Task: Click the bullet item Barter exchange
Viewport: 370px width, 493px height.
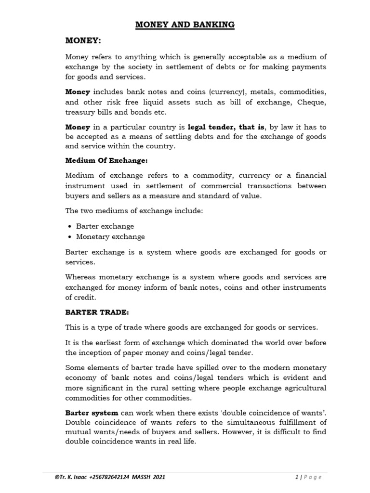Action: (x=105, y=226)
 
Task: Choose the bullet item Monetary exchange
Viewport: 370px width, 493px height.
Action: (x=110, y=236)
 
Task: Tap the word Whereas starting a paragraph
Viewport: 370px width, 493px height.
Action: (x=82, y=277)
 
